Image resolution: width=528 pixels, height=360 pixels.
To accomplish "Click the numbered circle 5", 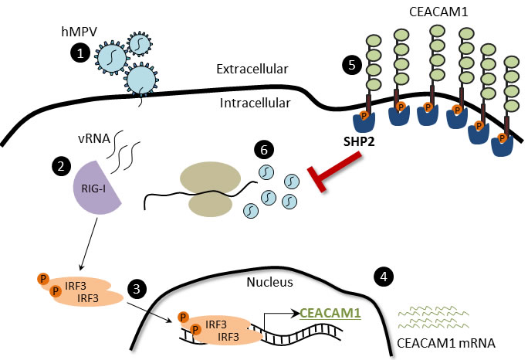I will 354,66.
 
